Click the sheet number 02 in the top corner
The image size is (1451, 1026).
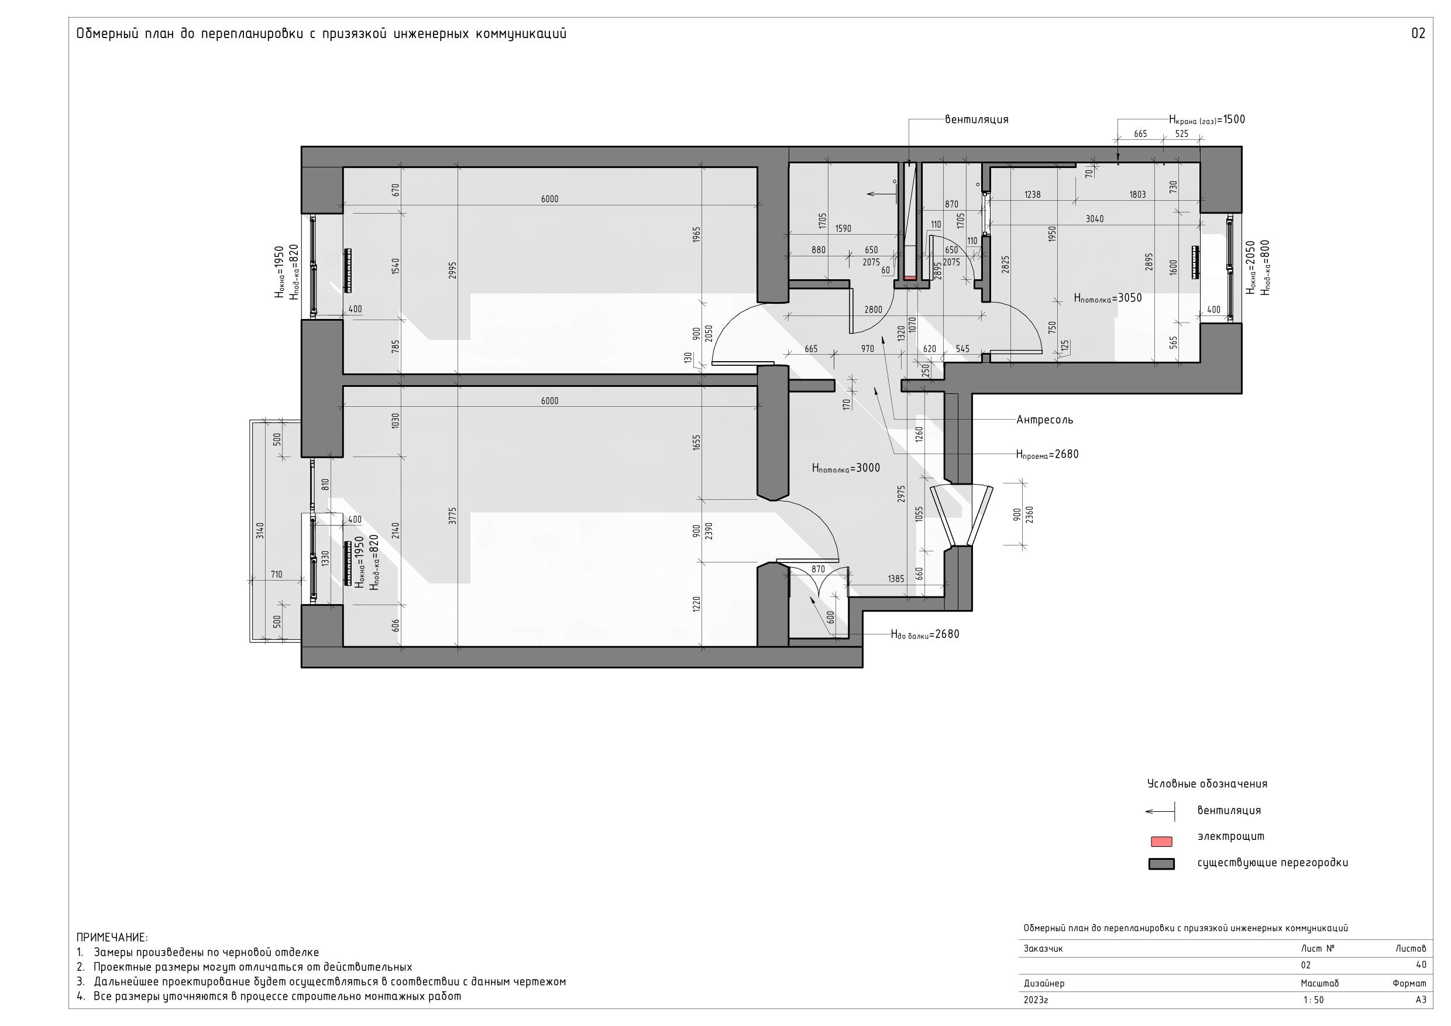pyautogui.click(x=1418, y=33)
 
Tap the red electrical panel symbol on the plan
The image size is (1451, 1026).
pyautogui.click(x=910, y=277)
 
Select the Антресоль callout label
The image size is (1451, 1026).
pyautogui.click(x=1044, y=420)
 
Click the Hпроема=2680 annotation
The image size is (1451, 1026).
pyautogui.click(x=1047, y=454)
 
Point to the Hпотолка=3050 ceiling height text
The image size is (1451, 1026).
pyautogui.click(x=1108, y=298)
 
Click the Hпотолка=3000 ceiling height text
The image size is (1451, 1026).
pyautogui.click(x=845, y=468)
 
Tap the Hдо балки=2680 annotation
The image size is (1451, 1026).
pyautogui.click(x=924, y=634)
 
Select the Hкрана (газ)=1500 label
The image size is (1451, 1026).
pyautogui.click(x=1207, y=119)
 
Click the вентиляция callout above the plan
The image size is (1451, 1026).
pyautogui.click(x=976, y=119)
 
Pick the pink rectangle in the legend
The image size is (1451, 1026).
pyautogui.click(x=1161, y=842)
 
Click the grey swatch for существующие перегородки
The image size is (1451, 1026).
pyautogui.click(x=1161, y=864)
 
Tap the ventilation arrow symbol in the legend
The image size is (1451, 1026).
pyautogui.click(x=1160, y=811)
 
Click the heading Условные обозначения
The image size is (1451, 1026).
pyautogui.click(x=1207, y=784)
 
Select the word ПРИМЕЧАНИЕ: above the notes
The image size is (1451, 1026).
pyautogui.click(x=112, y=937)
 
